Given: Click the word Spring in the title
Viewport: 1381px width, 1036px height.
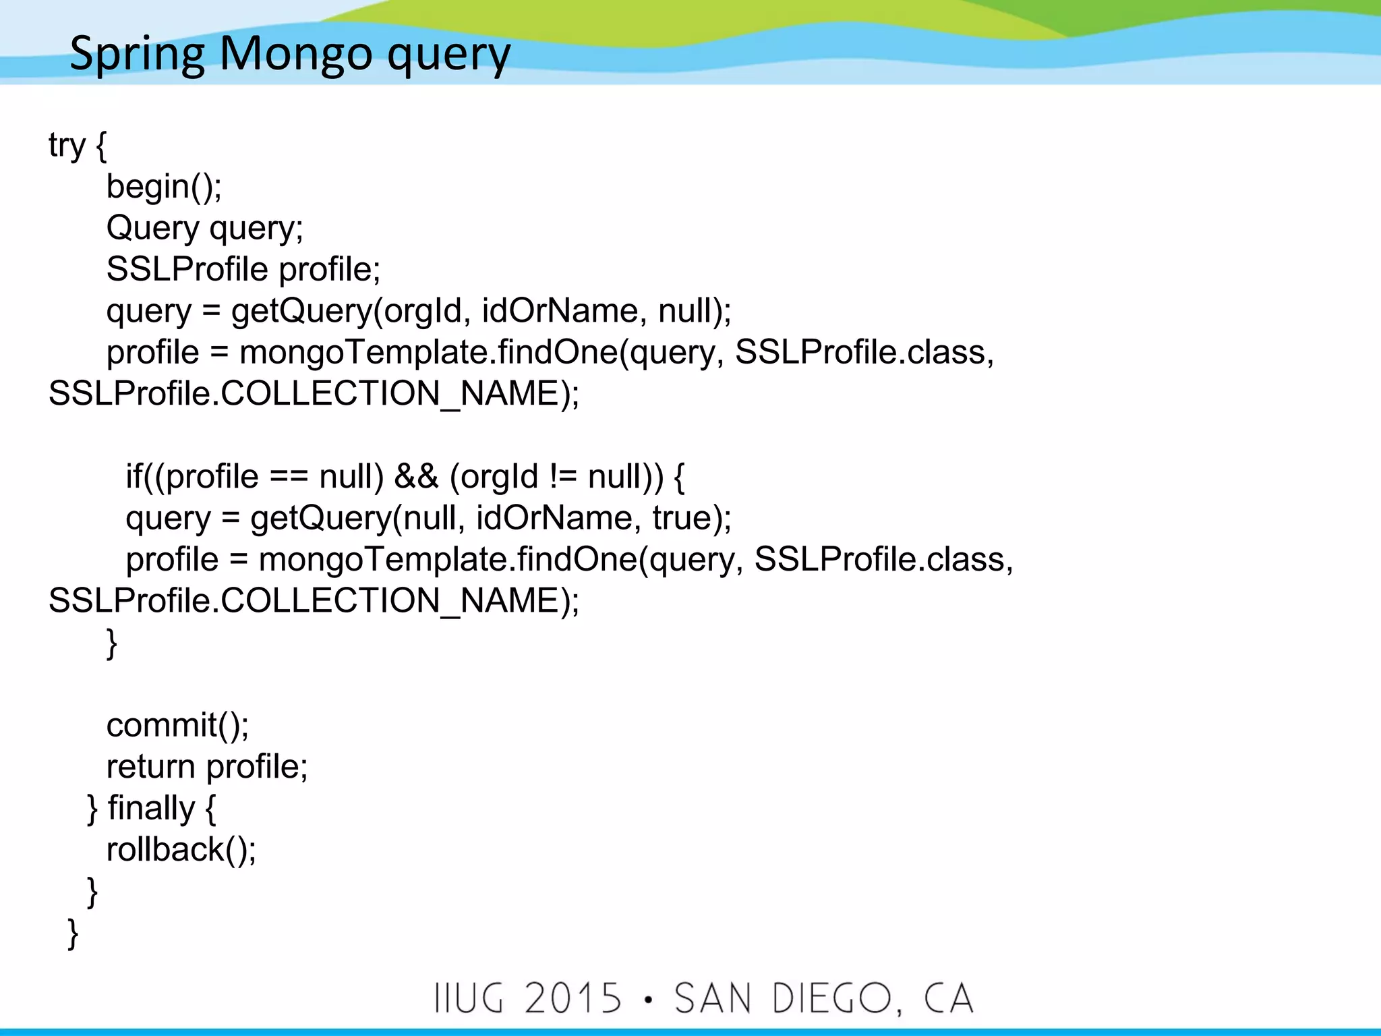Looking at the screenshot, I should click(x=137, y=54).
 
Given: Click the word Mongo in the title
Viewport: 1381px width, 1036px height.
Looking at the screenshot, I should click(x=296, y=54).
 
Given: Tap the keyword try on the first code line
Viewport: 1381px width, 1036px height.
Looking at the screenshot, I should click(x=67, y=146).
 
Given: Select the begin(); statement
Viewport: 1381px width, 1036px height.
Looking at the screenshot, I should click(x=164, y=187).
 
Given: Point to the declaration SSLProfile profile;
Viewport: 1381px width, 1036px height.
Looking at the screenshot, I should click(x=243, y=270).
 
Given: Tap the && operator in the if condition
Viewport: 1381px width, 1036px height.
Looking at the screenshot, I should click(x=416, y=477).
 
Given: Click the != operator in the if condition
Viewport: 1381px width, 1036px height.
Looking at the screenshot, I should click(x=563, y=477).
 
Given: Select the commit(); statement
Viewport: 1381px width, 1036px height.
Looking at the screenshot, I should click(x=177, y=726).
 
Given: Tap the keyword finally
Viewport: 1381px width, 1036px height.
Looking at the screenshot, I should click(x=151, y=809).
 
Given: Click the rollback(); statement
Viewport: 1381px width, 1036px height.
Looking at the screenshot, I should click(x=181, y=850).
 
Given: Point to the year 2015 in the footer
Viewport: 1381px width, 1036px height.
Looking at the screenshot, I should click(x=572, y=998).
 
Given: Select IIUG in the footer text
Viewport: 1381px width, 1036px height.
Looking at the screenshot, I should click(x=469, y=998).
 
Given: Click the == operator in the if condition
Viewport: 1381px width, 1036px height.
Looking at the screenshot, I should click(x=289, y=477).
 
